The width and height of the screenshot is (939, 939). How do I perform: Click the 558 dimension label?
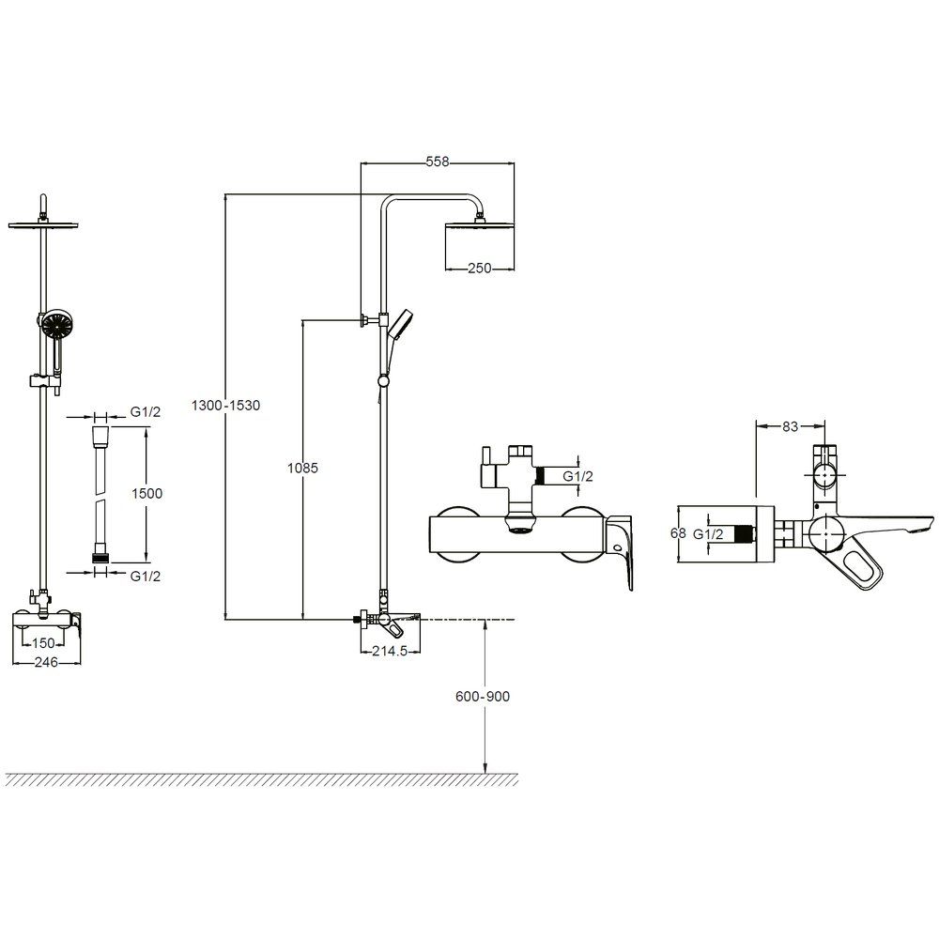pos(438,162)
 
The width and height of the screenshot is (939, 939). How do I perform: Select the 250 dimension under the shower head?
pos(480,269)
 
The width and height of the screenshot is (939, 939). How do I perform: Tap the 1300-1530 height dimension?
pos(225,406)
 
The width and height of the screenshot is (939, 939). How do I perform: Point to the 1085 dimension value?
pos(303,467)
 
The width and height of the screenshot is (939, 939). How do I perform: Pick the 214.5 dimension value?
pos(391,653)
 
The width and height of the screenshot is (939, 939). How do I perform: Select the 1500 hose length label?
pos(147,493)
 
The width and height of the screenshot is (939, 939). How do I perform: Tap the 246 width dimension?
pos(46,663)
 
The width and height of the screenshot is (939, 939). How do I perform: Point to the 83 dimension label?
pos(790,426)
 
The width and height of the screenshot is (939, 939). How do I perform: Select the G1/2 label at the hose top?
pos(146,412)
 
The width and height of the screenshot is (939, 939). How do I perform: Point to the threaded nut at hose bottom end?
pos(100,558)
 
